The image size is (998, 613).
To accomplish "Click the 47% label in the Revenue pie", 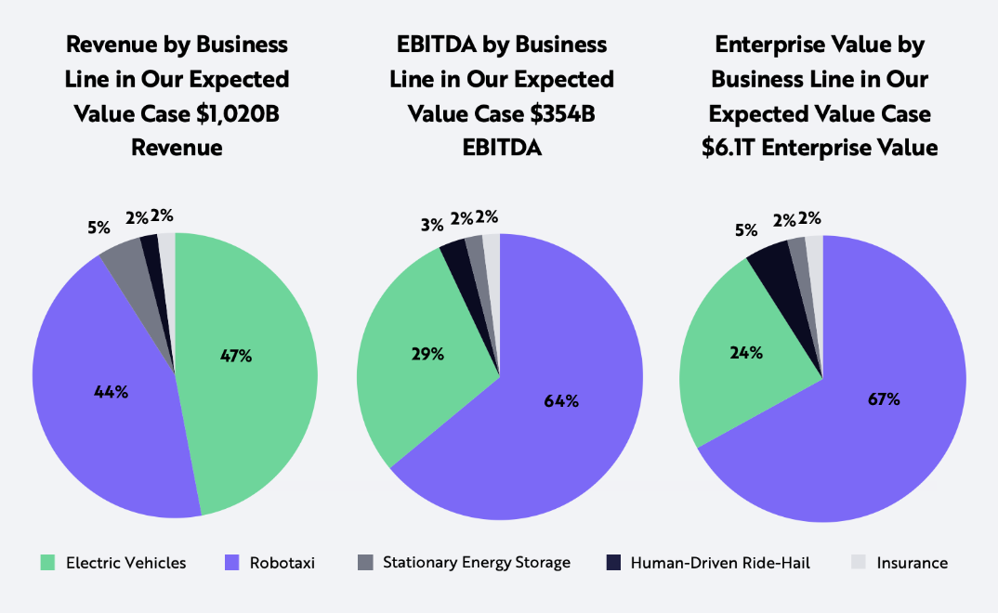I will [236, 356].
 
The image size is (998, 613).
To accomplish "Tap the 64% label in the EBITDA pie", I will [561, 401].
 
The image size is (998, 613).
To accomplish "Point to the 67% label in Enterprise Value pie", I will [884, 399].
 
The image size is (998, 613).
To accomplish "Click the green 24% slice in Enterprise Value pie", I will [734, 372].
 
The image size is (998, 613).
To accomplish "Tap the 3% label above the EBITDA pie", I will [430, 225].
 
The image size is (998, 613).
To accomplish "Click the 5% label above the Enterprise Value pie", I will [746, 228].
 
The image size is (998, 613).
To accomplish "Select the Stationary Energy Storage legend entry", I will [476, 563].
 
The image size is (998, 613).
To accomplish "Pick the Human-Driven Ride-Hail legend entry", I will [720, 563].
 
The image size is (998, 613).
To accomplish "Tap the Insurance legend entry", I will [911, 563].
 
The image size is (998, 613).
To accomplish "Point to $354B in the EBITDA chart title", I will [555, 113].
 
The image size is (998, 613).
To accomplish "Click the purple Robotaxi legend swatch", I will [232, 563].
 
